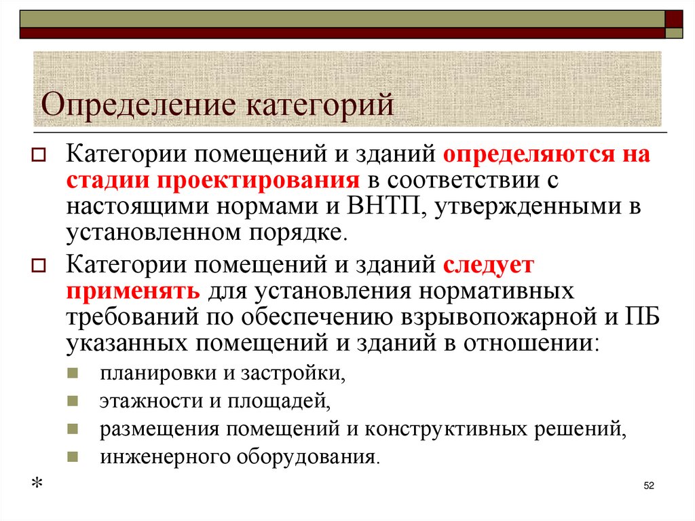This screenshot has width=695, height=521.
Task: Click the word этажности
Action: pos(151,401)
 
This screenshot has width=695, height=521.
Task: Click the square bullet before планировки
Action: pos(73,374)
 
